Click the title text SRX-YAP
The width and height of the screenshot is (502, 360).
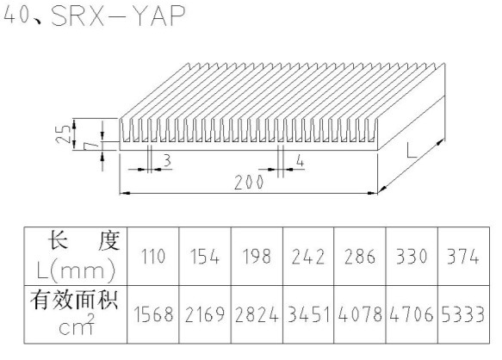click(x=118, y=16)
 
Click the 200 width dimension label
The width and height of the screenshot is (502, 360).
click(x=249, y=183)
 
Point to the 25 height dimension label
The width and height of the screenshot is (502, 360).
click(x=63, y=133)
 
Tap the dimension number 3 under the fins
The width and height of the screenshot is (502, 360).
click(x=167, y=160)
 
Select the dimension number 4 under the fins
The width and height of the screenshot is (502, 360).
click(x=300, y=160)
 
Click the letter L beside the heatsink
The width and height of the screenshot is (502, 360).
click(x=412, y=151)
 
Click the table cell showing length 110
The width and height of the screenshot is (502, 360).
click(x=153, y=257)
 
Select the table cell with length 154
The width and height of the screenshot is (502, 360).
click(x=205, y=257)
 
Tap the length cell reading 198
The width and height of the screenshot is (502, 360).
click(x=257, y=257)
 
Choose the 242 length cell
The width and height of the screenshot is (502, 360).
click(x=308, y=257)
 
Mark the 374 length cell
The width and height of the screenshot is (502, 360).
click(x=463, y=257)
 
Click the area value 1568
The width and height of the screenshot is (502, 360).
click(x=153, y=314)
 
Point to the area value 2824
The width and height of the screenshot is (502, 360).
click(x=257, y=314)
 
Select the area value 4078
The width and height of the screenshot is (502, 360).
click(x=360, y=314)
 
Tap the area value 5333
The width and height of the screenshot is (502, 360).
click(x=463, y=314)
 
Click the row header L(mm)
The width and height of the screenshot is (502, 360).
click(x=76, y=271)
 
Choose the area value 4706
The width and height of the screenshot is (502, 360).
click(x=412, y=314)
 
